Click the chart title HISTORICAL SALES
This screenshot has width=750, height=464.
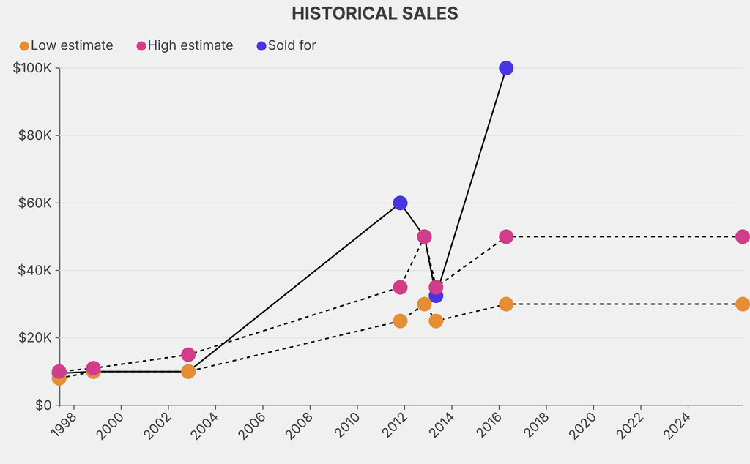(374, 13)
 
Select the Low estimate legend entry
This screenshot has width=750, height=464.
(66, 45)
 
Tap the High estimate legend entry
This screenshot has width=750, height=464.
(185, 45)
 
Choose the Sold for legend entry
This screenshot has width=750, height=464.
(286, 45)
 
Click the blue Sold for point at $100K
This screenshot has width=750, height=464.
(505, 68)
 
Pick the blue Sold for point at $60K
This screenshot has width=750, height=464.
(400, 203)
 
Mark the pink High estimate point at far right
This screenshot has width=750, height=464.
(742, 236)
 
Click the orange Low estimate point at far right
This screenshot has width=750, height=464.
(742, 304)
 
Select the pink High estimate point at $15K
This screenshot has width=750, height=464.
(188, 355)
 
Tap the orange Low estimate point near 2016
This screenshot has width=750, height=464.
(505, 304)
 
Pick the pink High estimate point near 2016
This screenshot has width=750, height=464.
(505, 236)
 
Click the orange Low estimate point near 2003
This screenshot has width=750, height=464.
(188, 371)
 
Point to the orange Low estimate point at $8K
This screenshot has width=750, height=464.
(59, 378)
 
